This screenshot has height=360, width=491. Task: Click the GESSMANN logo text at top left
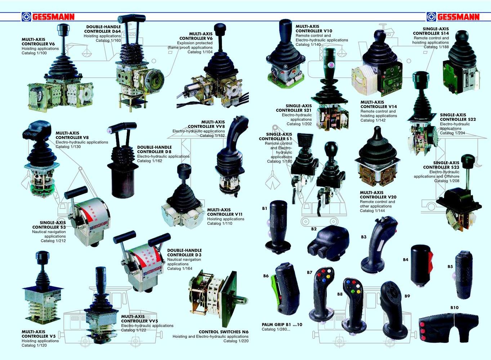pyautogui.click(x=53, y=17)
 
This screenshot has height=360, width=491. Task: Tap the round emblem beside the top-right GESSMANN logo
pyautogui.click(x=431, y=17)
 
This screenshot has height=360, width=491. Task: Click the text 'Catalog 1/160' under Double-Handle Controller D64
pyautogui.click(x=108, y=41)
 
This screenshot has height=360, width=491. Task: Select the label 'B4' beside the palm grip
pyautogui.click(x=406, y=260)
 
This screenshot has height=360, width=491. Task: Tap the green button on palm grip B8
pyautogui.click(x=353, y=292)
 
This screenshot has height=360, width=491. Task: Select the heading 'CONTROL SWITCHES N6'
pyautogui.click(x=224, y=332)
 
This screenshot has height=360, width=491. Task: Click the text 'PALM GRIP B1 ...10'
pyautogui.click(x=282, y=324)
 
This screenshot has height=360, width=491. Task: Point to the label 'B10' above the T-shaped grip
pyautogui.click(x=454, y=308)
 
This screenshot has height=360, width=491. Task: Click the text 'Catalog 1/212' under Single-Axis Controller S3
pyautogui.click(x=53, y=241)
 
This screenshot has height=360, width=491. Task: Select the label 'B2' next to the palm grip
pyautogui.click(x=314, y=229)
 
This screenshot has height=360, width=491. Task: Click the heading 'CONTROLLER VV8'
pyautogui.click(x=206, y=126)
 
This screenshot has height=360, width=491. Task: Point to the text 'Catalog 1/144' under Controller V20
pyautogui.click(x=372, y=211)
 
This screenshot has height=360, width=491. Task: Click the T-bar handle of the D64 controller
pyautogui.click(x=132, y=18)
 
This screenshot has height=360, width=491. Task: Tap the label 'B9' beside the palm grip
pyautogui.click(x=407, y=296)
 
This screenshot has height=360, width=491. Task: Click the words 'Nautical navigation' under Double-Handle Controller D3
pyautogui.click(x=184, y=260)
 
